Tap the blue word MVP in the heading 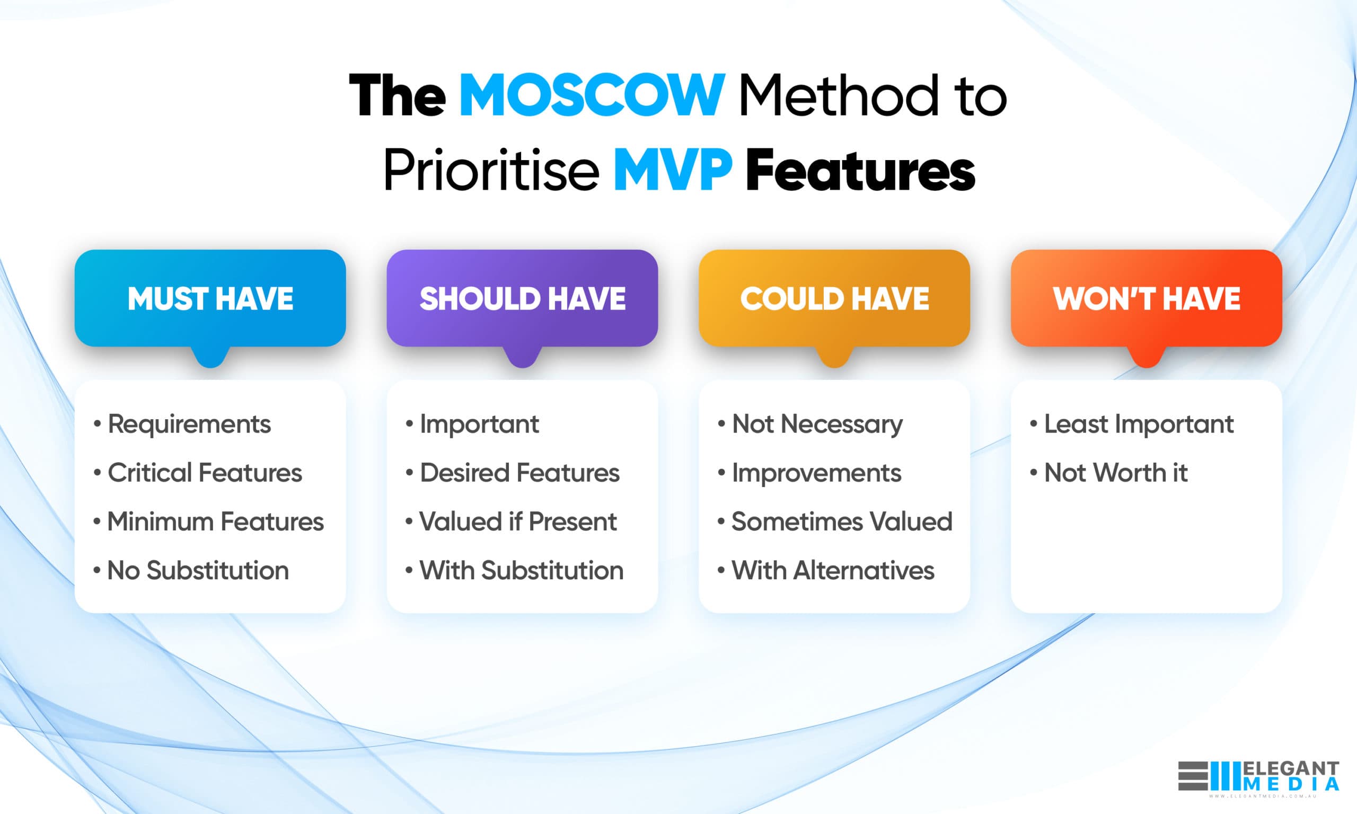[673, 171]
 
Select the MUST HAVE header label [210, 298]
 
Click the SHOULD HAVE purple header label [522, 298]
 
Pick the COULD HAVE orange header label [834, 298]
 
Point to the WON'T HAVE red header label [1147, 298]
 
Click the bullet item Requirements [189, 424]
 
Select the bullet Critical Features [204, 473]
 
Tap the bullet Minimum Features [215, 521]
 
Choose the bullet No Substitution [198, 570]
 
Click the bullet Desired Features [519, 473]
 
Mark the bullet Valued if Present [518, 521]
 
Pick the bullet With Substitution [521, 570]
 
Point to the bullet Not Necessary [817, 424]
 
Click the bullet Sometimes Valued [841, 521]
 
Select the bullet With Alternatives [832, 570]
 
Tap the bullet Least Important [1138, 424]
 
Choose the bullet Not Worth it [1115, 473]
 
